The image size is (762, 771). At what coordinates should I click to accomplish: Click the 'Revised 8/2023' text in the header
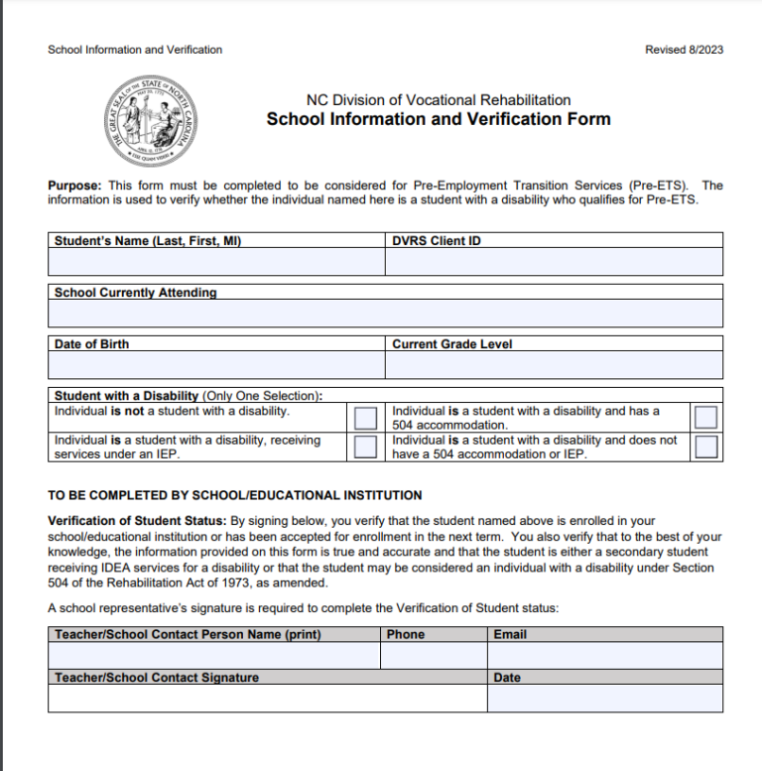(x=684, y=50)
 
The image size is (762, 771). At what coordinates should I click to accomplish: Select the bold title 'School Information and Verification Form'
(x=439, y=120)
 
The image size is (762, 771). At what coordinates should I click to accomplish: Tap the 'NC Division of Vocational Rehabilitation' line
(x=439, y=99)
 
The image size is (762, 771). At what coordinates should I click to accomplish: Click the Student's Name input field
(x=216, y=262)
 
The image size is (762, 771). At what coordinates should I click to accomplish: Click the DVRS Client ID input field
(x=554, y=262)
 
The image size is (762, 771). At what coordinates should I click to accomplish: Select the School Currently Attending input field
(x=385, y=314)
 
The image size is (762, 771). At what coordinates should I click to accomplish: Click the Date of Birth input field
(x=216, y=365)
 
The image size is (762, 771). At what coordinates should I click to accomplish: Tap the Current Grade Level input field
(x=554, y=365)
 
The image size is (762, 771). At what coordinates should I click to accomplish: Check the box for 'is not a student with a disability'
(x=366, y=417)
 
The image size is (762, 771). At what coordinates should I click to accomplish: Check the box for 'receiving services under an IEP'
(x=366, y=447)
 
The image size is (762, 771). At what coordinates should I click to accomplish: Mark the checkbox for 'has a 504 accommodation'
(x=705, y=417)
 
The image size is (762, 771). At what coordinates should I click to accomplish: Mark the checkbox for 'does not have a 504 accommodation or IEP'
(x=705, y=447)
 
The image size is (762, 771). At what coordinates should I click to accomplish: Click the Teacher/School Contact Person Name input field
(x=213, y=656)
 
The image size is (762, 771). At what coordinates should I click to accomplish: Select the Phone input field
(x=433, y=656)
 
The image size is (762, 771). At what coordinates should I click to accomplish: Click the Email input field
(x=604, y=656)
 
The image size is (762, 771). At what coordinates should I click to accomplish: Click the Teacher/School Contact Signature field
(x=267, y=699)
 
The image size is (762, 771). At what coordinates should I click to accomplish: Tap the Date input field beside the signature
(x=604, y=699)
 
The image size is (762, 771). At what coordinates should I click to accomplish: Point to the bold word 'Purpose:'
(x=74, y=186)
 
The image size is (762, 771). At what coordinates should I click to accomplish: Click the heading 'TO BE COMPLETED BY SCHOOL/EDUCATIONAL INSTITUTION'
(x=235, y=495)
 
